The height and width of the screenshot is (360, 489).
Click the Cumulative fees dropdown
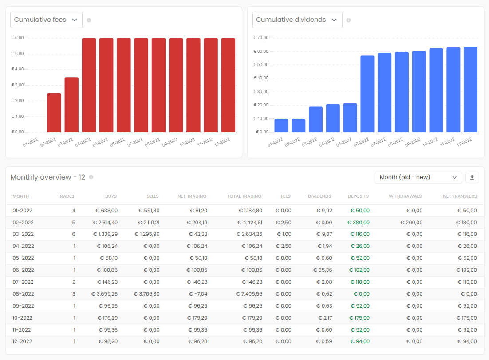(x=46, y=20)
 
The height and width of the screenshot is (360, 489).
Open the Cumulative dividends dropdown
(x=297, y=20)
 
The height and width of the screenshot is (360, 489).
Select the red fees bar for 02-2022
(x=54, y=112)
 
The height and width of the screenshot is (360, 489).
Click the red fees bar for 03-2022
(x=71, y=105)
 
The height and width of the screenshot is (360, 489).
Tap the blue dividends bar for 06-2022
(x=367, y=94)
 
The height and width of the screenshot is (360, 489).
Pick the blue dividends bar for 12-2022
(x=470, y=89)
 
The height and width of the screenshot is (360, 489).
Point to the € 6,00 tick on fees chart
(x=17, y=38)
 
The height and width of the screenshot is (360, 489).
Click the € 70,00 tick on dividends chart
(x=260, y=38)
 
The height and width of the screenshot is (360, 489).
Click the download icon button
(x=472, y=177)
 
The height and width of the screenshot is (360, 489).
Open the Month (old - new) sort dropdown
(x=418, y=177)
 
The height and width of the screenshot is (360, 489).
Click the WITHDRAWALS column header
(x=405, y=196)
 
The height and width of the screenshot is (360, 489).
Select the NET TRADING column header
(x=192, y=196)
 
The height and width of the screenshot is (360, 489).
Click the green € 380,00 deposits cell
(x=359, y=223)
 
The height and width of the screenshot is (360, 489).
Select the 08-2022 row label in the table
(x=22, y=294)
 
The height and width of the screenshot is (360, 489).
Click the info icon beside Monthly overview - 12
(x=91, y=177)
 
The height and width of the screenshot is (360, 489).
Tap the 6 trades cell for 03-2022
(x=74, y=235)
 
